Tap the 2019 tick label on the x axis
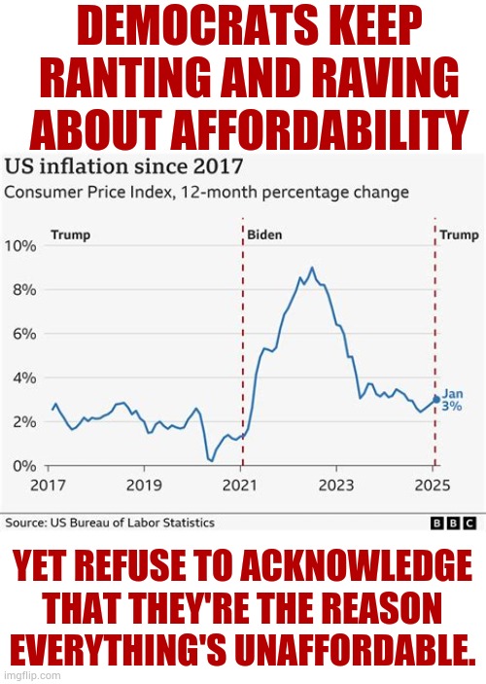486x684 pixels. tap(144, 484)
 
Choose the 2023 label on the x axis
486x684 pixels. tap(336, 484)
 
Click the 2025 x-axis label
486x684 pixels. tap(433, 484)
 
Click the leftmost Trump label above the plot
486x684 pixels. tap(70, 235)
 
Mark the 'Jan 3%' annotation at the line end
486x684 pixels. tap(452, 400)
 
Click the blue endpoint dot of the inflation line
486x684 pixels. tap(435, 399)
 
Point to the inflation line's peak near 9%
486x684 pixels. tap(312, 268)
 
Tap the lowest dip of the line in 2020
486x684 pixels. tap(211, 459)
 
